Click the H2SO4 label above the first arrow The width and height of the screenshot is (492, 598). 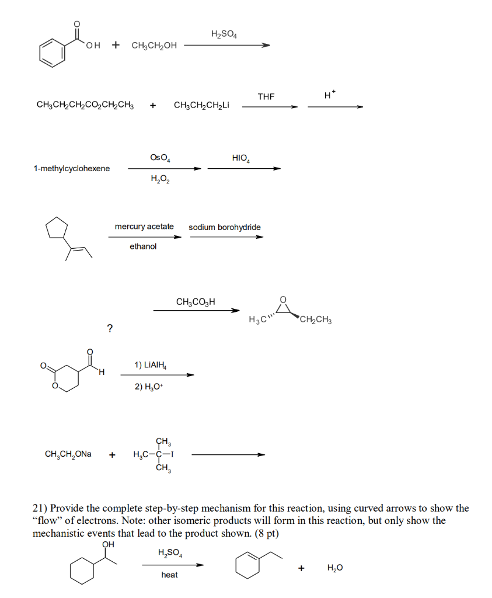tap(224, 34)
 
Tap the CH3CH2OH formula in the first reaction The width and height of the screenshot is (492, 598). tap(154, 46)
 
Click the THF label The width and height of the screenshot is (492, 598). tap(266, 96)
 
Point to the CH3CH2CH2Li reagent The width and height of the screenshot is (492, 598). tap(201, 105)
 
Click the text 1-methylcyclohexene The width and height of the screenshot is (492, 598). tap(72, 169)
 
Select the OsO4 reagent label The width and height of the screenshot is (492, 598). tap(160, 158)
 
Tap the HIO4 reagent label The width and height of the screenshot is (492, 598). tap(241, 158)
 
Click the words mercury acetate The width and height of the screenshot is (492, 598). tap(144, 227)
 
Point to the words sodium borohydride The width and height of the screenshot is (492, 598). tap(225, 227)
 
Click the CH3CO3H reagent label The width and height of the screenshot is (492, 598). tap(196, 302)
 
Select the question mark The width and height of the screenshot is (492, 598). tap(110, 328)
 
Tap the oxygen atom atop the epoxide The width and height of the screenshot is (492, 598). tap(282, 299)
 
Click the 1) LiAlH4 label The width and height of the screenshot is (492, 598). tap(150, 366)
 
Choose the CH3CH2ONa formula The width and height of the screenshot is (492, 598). tap(68, 454)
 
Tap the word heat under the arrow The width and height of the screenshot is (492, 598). tap(170, 575)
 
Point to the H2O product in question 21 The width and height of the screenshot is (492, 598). tap(335, 568)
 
